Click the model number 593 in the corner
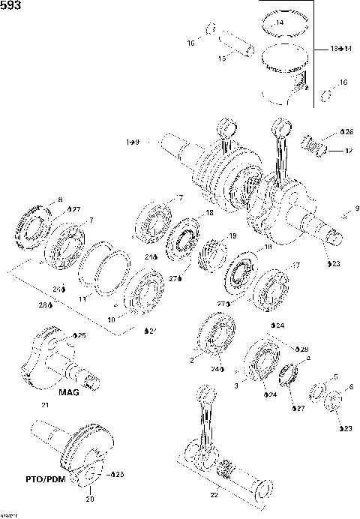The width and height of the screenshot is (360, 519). pos(11,5)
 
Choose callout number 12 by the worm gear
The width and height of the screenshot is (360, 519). pos(349,151)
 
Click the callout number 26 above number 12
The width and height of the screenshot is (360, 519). pos(346,131)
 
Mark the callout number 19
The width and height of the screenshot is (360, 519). pos(232,236)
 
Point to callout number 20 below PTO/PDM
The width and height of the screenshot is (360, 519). pos(90,499)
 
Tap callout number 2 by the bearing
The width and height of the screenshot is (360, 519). pos(193,360)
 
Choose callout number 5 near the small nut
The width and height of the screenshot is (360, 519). pos(335,376)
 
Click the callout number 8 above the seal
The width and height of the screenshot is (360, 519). pos(60,199)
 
